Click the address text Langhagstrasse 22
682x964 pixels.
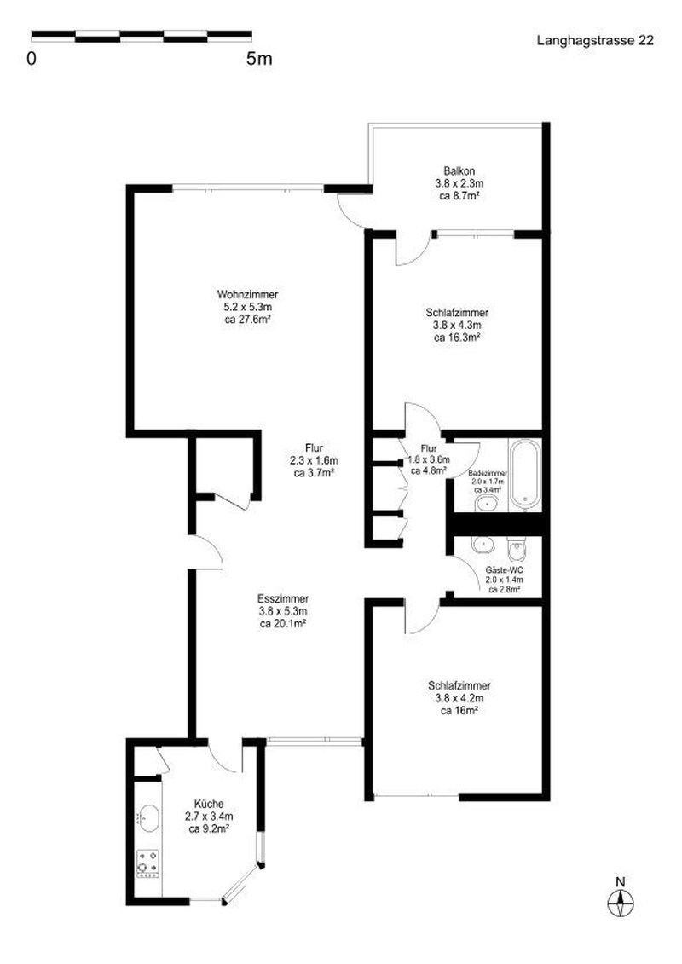point(595,40)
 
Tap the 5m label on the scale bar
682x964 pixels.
point(258,59)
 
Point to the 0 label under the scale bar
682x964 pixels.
point(32,59)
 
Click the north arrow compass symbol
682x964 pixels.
point(621,899)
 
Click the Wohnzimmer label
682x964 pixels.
point(247,295)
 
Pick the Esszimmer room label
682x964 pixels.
point(283,598)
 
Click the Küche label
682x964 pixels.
point(209,803)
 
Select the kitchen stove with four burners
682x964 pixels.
point(149,862)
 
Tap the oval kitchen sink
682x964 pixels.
point(149,818)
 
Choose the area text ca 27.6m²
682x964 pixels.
point(247,320)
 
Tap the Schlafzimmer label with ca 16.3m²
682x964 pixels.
point(457,313)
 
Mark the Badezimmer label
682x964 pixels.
point(488,473)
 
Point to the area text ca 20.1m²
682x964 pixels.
point(283,623)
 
